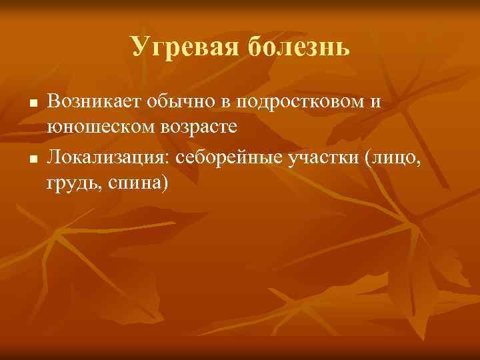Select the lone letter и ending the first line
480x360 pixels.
[377, 101]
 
